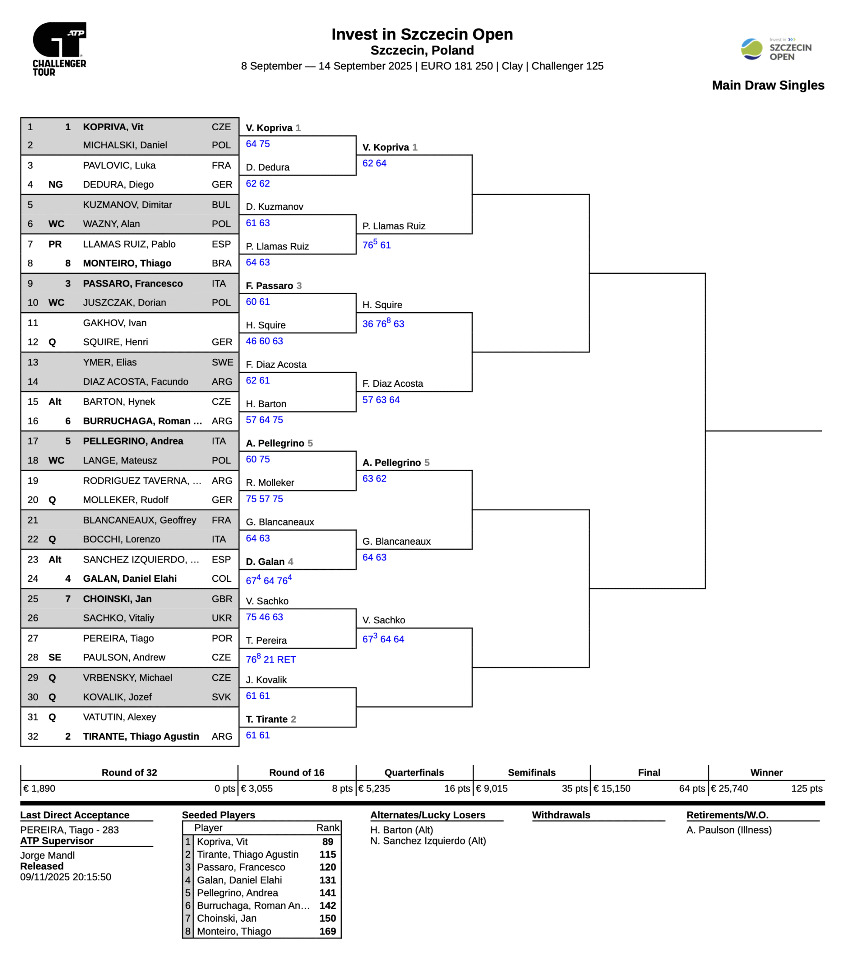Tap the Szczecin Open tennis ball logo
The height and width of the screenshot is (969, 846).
[x=751, y=49]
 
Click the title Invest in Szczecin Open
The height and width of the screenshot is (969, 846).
[x=422, y=34]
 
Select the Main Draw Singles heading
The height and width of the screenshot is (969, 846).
[x=768, y=86]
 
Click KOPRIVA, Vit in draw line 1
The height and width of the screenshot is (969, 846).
[x=113, y=127]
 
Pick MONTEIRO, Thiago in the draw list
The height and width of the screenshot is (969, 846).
[x=127, y=263]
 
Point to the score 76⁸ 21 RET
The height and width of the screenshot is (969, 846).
[x=271, y=659]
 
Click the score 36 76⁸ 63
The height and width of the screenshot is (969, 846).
[x=383, y=324]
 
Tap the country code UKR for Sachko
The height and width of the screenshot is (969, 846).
[x=221, y=618]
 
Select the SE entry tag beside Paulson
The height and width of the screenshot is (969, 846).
[x=55, y=657]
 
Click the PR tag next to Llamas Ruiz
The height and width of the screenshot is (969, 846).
[x=55, y=244]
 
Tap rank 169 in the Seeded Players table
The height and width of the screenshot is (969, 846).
[x=327, y=931]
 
